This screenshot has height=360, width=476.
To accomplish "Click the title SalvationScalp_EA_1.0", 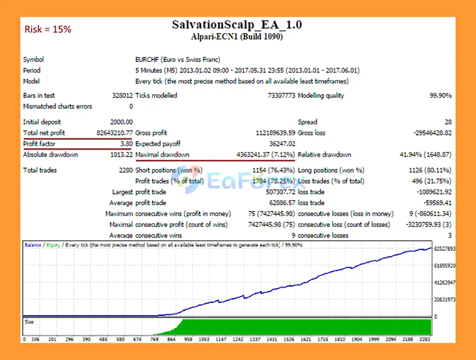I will (237, 25).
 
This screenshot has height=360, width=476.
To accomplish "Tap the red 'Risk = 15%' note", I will (48, 29).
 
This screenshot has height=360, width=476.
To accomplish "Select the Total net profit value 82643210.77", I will (115, 133).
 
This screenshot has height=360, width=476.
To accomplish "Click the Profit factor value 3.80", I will (126, 143).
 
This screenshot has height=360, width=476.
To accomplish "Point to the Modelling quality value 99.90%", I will (440, 95).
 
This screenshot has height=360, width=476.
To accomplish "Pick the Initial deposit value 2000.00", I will (121, 122).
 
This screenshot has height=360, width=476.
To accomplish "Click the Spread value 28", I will (448, 122).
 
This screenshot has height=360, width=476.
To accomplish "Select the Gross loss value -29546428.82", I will (432, 133).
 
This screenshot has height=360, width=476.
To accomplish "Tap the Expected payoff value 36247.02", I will (282, 143).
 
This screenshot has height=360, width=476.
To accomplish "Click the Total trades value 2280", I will (126, 170).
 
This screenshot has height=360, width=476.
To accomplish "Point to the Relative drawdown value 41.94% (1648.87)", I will (425, 155).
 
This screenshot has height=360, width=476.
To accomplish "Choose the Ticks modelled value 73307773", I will (281, 95).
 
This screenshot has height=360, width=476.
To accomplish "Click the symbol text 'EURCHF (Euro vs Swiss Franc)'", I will (177, 59).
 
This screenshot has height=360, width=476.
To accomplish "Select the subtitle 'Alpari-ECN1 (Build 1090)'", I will (237, 36).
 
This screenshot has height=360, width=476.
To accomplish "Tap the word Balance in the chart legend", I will (33, 245).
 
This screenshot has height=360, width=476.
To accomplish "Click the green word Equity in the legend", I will (53, 245).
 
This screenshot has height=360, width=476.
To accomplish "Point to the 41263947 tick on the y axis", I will (444, 283).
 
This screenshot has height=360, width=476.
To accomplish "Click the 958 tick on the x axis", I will (188, 339).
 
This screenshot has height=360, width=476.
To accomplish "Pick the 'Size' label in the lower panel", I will (29, 322).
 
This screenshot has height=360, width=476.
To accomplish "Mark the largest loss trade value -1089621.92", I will (434, 192).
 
